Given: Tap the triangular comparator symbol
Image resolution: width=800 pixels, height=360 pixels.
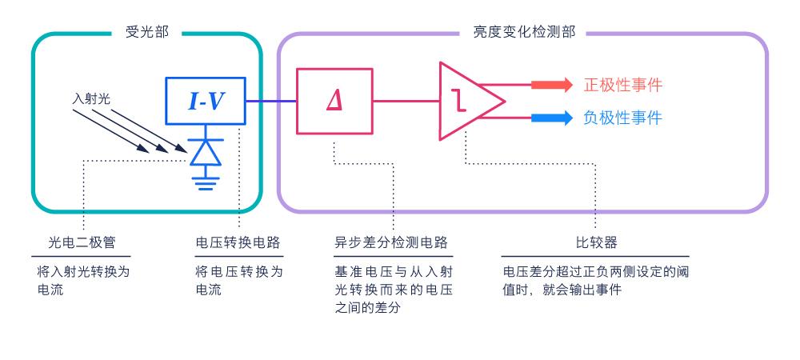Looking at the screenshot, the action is point(470,101).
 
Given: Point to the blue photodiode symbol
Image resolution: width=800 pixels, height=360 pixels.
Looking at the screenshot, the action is point(206,152).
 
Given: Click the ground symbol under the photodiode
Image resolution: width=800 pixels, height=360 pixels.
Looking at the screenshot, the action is point(206,183).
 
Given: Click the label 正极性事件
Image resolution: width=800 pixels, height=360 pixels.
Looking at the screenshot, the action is point(623,85).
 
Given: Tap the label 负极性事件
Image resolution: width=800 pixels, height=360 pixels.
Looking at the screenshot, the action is point(623,118).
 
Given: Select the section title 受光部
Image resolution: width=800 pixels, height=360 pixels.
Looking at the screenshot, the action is point(146,32).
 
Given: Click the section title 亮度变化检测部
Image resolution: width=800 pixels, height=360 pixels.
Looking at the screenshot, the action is point(524,32).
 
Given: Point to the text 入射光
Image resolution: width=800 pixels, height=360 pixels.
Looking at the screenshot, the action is point(91,99).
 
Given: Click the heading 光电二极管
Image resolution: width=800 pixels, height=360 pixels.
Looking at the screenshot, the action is point(82,242).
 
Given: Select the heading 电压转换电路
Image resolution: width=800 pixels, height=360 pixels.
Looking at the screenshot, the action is point(238,242).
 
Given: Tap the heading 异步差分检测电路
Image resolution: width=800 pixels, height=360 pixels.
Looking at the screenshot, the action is point(391,242).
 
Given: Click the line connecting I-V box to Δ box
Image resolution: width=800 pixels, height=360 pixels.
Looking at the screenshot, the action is point(271,101).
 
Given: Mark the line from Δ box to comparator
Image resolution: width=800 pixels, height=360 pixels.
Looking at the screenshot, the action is point(406,101).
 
